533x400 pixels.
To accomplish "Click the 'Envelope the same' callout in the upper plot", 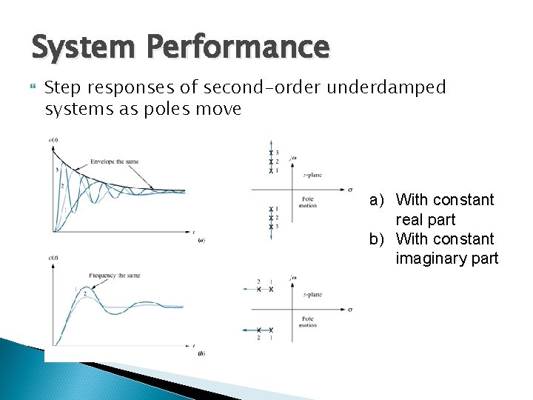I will click(118, 161).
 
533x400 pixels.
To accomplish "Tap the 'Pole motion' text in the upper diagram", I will click(309, 202).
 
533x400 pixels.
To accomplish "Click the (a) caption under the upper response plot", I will click(201, 239).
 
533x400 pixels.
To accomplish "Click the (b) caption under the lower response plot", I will click(201, 353).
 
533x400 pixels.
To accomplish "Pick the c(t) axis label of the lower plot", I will click(53, 257).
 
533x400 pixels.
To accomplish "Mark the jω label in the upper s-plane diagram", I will click(294, 156).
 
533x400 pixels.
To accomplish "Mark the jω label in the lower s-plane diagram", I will click(294, 278).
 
